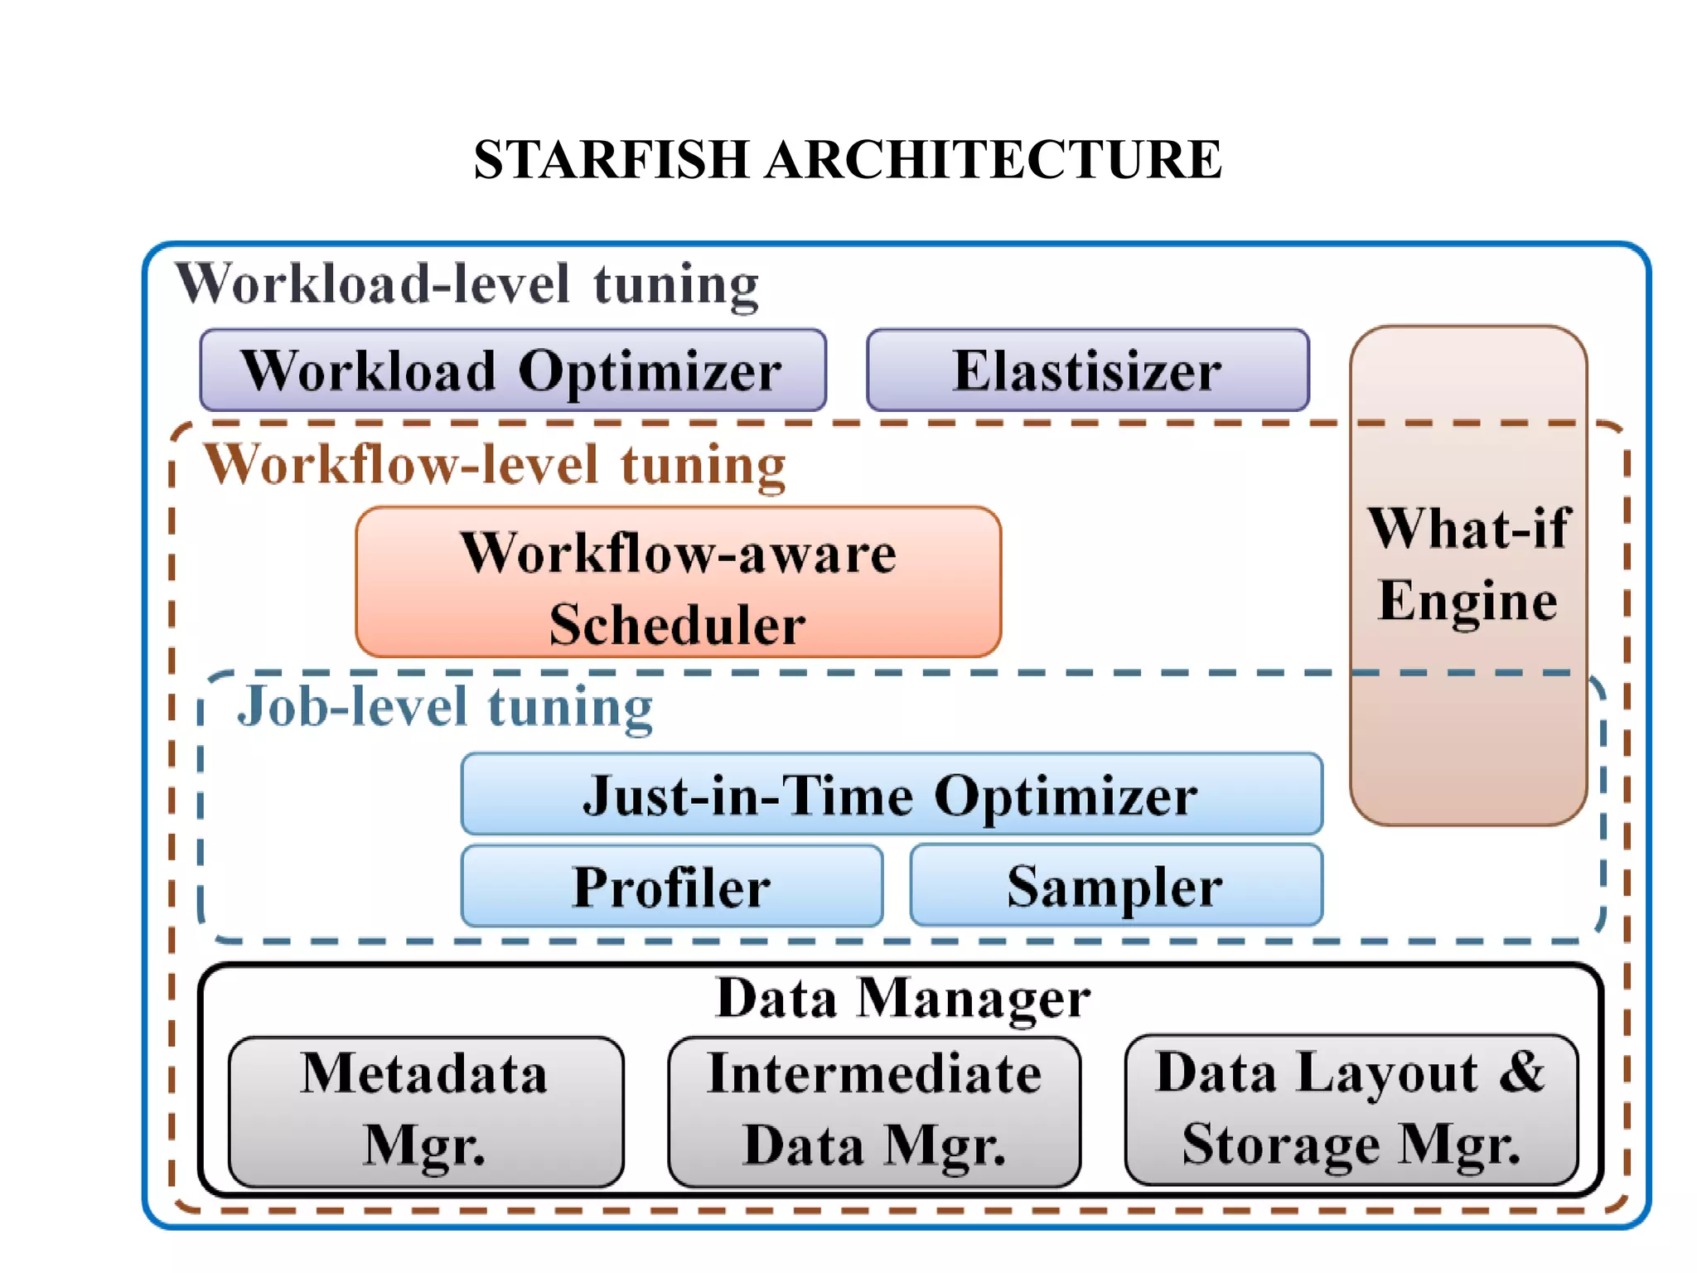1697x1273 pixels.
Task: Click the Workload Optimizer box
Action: point(512,370)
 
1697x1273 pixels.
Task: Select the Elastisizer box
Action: point(1087,370)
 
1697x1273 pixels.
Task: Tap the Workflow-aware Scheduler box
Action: point(678,583)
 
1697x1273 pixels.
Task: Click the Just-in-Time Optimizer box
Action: point(891,794)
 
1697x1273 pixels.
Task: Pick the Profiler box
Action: point(671,886)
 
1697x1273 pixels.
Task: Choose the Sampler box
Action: point(1115,885)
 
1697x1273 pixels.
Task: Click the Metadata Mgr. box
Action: point(425,1111)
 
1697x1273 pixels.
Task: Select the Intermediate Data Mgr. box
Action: point(873,1111)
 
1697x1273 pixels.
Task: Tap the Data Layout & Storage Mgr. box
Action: point(1351,1109)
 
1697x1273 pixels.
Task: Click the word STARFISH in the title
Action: point(612,159)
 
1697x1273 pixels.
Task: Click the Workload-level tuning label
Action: point(467,284)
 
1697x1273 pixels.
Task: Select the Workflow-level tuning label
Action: point(495,465)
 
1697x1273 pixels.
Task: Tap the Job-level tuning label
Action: point(445,707)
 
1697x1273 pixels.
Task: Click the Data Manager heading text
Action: point(902,998)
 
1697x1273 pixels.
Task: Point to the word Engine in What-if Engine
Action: point(1467,601)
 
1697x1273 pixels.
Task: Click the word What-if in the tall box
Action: point(1468,528)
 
